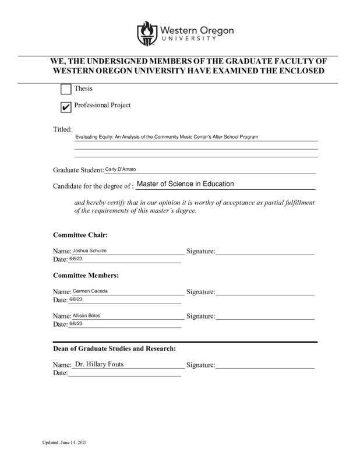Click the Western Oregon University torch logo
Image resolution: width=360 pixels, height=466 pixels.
[x=146, y=33]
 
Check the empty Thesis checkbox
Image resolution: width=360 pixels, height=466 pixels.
[x=66, y=90]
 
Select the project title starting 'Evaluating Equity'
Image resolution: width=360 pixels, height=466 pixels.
[x=167, y=137]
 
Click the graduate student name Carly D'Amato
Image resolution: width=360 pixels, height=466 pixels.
[x=120, y=169]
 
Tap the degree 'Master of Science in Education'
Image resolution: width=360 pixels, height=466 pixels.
[x=185, y=184]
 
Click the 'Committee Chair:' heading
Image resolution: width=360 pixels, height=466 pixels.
[x=80, y=235]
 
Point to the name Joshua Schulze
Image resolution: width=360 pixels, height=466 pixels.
[x=90, y=250]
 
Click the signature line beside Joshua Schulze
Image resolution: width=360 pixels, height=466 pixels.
[x=265, y=253]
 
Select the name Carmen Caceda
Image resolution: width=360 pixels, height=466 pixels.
[x=90, y=291]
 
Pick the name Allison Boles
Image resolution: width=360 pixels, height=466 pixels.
[x=86, y=316]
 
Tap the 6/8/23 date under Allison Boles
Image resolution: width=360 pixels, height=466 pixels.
[x=76, y=323]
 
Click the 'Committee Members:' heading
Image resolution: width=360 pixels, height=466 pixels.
[x=86, y=274]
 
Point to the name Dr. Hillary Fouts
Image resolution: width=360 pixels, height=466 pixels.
[x=100, y=365]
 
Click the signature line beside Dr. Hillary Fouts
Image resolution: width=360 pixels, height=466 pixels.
[x=265, y=368]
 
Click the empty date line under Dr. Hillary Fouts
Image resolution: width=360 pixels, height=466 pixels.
[x=125, y=375]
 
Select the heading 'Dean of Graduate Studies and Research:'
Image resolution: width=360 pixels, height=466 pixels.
[x=115, y=349]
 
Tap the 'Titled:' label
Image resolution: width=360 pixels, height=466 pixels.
[x=62, y=129]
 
